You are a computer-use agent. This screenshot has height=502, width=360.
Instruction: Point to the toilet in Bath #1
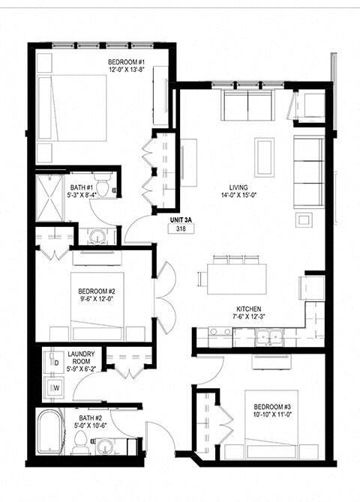click(x=107, y=183)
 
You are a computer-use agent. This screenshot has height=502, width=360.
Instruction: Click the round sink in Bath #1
click(x=96, y=238)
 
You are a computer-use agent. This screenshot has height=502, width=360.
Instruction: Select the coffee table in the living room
click(x=264, y=156)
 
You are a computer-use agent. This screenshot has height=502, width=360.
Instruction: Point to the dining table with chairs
click(x=232, y=277)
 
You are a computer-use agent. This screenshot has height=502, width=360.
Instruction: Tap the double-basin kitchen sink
click(x=269, y=336)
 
